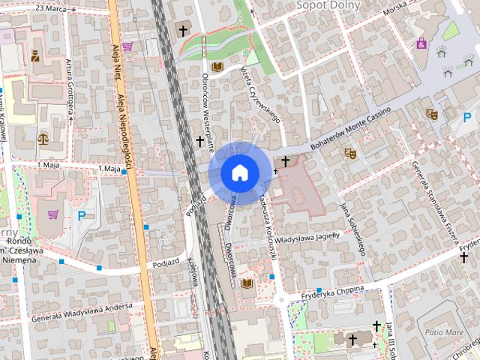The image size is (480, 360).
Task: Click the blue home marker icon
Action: coord(239,172)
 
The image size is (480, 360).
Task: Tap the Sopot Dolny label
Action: coord(328,5)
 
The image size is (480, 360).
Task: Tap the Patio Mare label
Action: coord(444,331)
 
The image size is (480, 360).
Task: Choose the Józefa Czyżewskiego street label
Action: coord(259,93)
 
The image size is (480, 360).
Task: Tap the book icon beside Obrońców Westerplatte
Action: coord(217,67)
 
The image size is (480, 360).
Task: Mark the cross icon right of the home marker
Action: coord(285,161)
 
